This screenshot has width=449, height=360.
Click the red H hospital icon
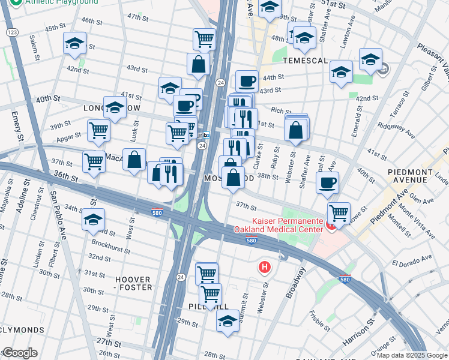coord(263,266)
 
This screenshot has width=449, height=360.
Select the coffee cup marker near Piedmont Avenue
coord(327,182)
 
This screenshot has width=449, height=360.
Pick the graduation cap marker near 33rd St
coord(94,219)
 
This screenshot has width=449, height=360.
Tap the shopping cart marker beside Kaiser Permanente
coord(339,212)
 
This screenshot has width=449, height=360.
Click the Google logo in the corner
coord(19,353)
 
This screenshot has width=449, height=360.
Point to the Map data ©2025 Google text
coord(412,355)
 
